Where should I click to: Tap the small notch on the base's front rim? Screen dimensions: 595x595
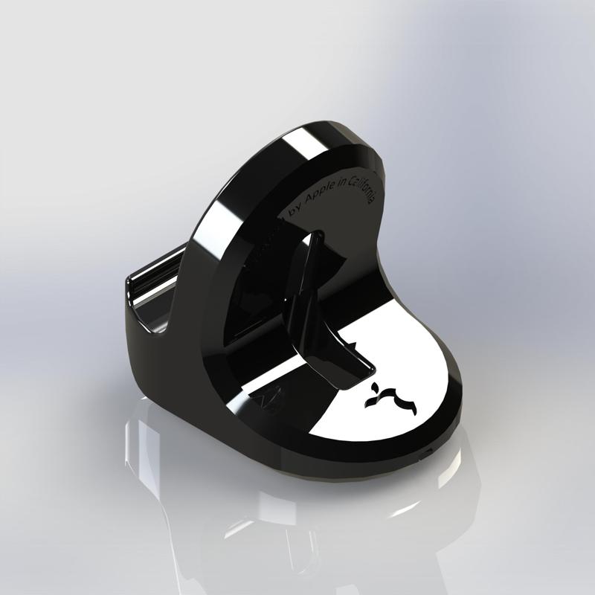(x=425, y=451)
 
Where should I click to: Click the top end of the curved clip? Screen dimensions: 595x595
(x=316, y=238)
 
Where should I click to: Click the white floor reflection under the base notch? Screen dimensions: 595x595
(x=446, y=476)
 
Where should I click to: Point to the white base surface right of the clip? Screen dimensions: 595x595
(x=416, y=357)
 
